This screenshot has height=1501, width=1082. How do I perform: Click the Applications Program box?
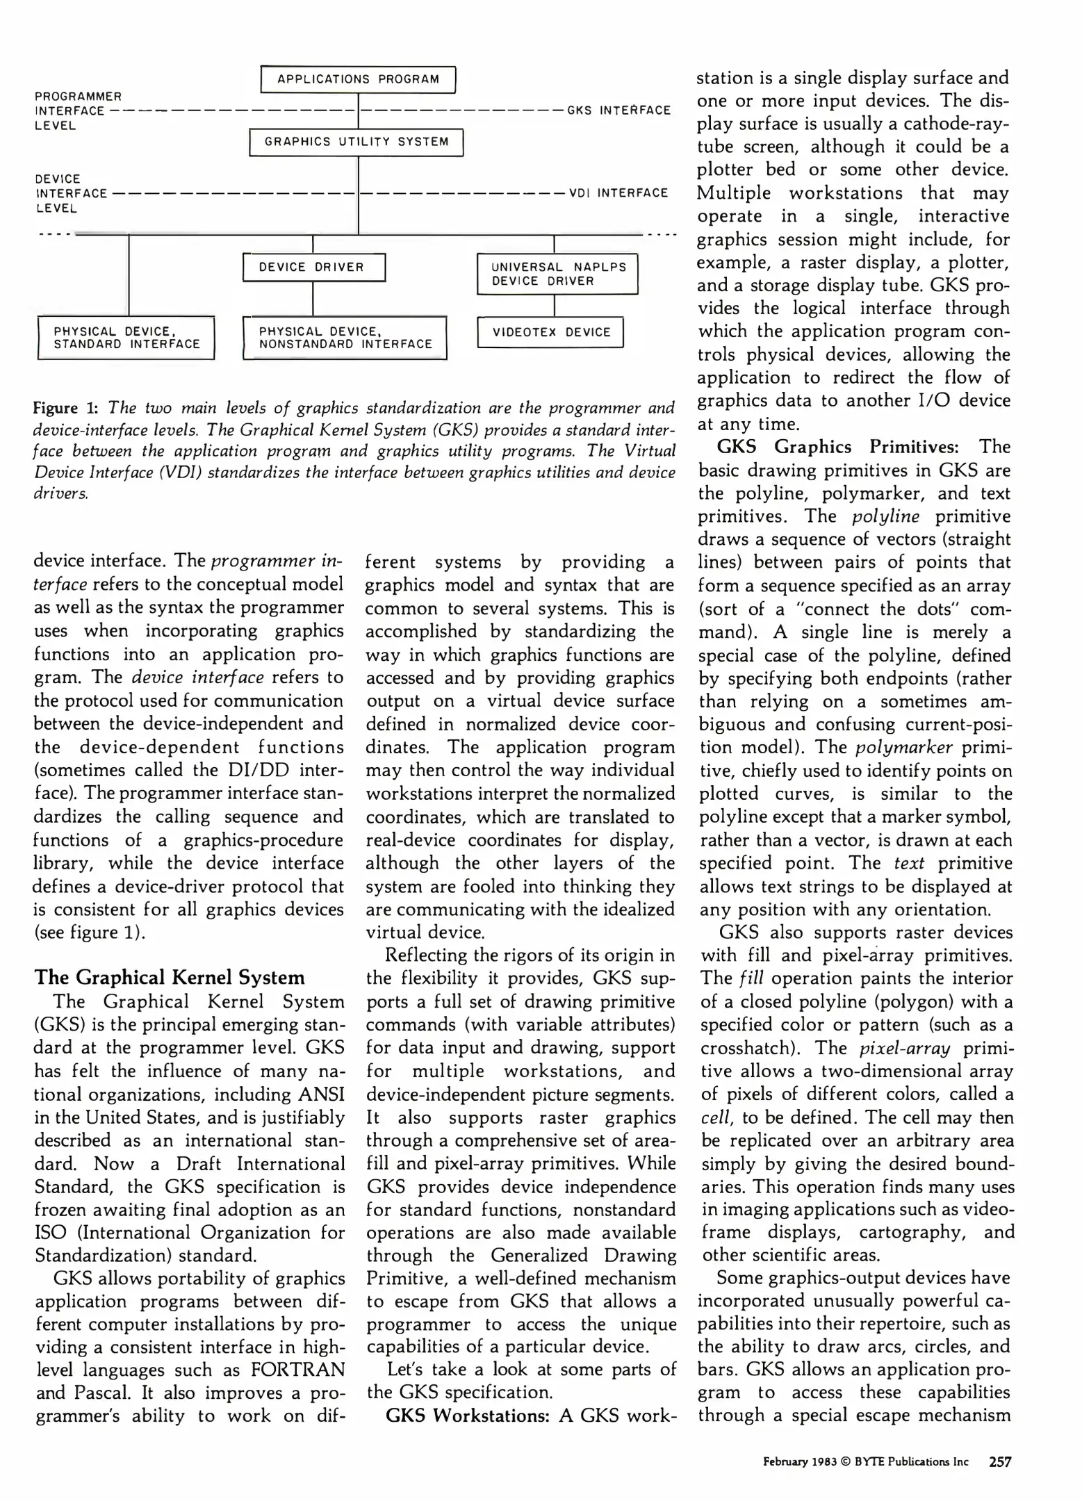tap(358, 79)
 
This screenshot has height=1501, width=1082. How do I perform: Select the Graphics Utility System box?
tap(356, 142)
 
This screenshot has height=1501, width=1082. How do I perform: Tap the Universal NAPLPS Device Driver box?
tap(557, 274)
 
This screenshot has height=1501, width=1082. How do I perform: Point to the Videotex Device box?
tap(551, 332)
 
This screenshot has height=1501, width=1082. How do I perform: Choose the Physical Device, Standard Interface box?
tap(126, 338)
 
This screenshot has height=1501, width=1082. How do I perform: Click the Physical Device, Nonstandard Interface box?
tap(345, 338)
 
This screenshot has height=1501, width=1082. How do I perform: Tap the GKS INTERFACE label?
tap(619, 110)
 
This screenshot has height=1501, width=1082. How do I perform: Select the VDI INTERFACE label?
tap(618, 193)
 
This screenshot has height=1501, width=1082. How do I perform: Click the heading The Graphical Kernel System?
tap(170, 978)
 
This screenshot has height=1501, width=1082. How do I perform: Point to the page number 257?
tap(999, 1461)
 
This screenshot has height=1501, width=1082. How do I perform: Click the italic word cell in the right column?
tap(714, 1118)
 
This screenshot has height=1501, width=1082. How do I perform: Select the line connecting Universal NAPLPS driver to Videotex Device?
tap(554, 306)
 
